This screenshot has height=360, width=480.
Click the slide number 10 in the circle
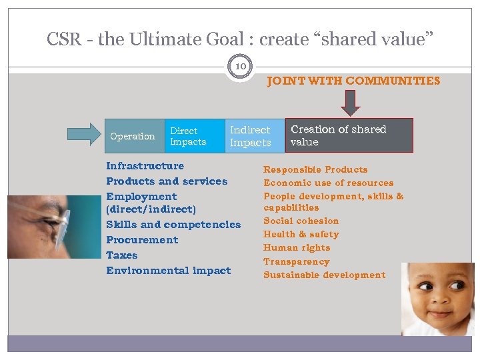[240, 66]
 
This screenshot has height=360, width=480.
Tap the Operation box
[132, 136]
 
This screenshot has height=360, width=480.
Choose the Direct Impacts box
[193, 136]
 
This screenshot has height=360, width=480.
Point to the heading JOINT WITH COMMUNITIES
[353, 81]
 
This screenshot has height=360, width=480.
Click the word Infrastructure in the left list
[145, 166]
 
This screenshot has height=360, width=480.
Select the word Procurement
[142, 240]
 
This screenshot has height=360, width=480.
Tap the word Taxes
[121, 255]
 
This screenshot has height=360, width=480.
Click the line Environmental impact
[168, 271]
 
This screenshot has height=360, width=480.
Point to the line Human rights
[297, 247]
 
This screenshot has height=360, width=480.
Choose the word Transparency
[296, 261]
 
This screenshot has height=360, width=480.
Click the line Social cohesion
[301, 221]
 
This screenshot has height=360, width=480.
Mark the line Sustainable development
[324, 275]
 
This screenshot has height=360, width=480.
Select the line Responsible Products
[315, 169]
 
